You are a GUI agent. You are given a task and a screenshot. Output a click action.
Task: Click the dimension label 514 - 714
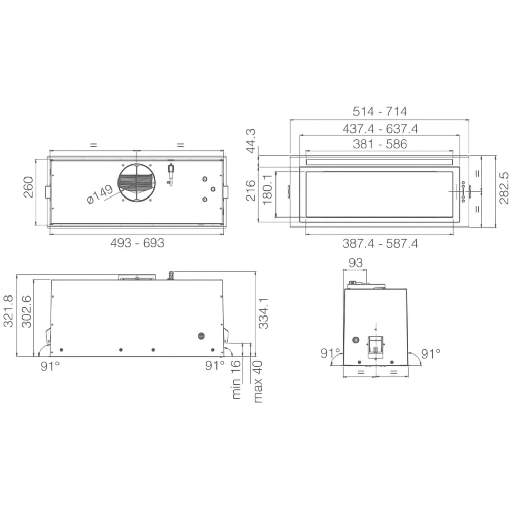tap(380, 111)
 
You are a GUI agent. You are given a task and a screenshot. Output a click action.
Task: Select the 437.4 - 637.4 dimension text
tap(380, 128)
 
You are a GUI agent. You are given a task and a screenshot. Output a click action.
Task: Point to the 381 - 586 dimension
tap(380, 144)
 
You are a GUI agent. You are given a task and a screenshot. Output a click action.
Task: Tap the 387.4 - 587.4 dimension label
tap(380, 243)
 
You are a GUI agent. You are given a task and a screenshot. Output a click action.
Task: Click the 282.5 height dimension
tap(504, 188)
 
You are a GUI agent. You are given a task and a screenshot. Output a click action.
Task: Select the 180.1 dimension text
tap(267, 190)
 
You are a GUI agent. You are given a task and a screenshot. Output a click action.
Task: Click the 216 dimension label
tap(251, 190)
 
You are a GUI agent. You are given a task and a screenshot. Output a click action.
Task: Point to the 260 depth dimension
tap(28, 187)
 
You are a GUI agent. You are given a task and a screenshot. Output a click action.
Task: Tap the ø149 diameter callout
tap(100, 194)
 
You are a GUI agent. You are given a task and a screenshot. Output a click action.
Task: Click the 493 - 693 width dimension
tap(137, 243)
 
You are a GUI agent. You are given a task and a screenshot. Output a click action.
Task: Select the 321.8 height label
tap(8, 311)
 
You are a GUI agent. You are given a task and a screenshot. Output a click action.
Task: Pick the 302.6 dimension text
tap(26, 311)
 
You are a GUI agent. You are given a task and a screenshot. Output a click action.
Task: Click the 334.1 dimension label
tap(263, 314)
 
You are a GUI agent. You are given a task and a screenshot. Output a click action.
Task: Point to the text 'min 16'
tap(236, 380)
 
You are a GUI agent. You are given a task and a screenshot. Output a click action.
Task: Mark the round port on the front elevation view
tap(201, 336)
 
